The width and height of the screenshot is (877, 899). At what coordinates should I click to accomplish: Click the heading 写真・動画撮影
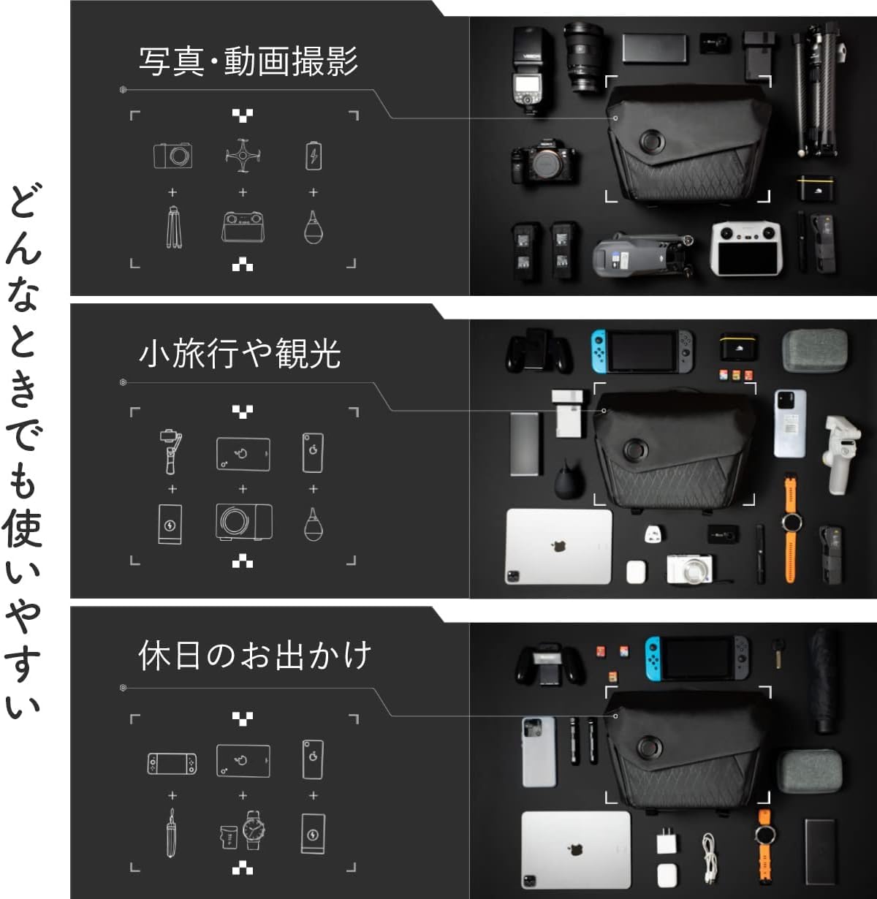248,61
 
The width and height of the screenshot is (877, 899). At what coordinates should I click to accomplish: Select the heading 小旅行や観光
240,354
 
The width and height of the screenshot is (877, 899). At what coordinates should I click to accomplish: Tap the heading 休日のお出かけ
255,656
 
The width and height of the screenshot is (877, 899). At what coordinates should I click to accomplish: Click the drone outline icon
243,155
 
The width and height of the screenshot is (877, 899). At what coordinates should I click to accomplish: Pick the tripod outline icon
173,227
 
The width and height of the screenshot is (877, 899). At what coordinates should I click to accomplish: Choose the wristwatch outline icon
253,830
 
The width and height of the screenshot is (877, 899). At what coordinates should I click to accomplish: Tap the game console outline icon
172,763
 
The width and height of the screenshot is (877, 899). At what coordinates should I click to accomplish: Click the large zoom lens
583,57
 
